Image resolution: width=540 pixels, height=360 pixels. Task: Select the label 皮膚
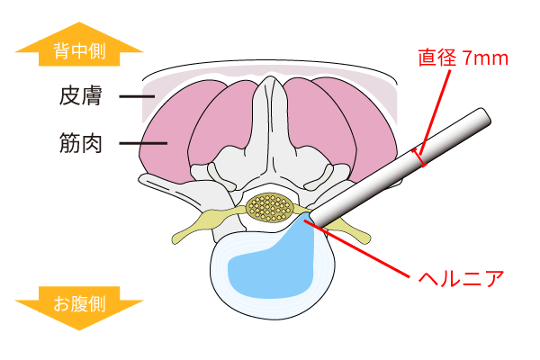(x=82, y=95)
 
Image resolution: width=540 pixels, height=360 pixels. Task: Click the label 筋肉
(x=82, y=142)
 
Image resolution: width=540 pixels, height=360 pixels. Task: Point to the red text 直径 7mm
(x=463, y=58)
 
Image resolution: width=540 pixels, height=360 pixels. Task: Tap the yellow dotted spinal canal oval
(x=269, y=209)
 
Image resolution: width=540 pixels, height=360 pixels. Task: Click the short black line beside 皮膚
(x=136, y=95)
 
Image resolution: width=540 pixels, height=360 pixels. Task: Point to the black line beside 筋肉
(x=142, y=142)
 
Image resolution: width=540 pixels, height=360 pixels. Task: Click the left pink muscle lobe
(x=171, y=144)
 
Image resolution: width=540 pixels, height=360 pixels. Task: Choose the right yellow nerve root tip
(x=360, y=236)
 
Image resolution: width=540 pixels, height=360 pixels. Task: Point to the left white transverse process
(x=171, y=189)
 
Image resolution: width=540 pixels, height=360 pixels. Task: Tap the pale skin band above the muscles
(x=270, y=76)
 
